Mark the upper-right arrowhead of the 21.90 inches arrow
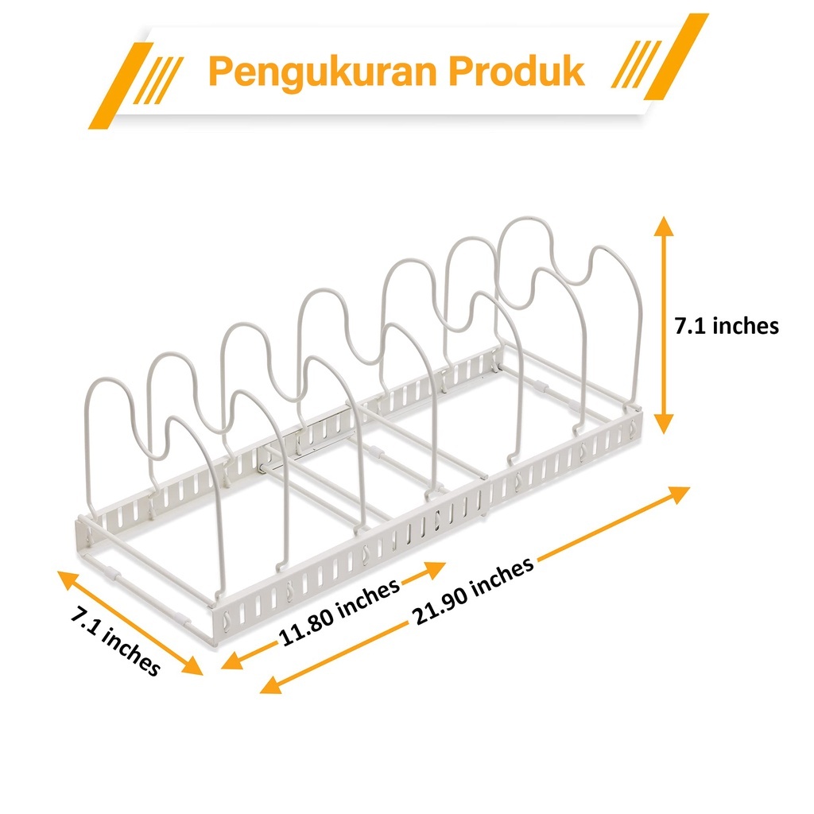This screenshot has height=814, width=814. pos(679,494)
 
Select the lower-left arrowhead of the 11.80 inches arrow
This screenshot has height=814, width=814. pos(231,661)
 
